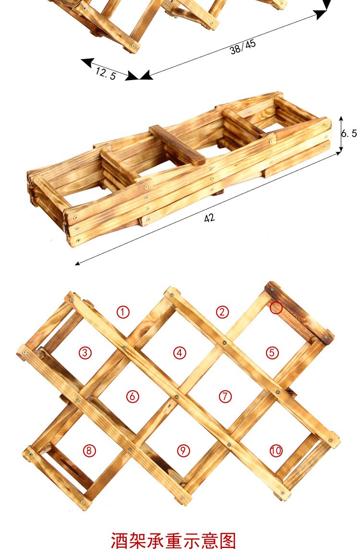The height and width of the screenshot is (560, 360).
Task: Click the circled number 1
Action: tap(123, 312)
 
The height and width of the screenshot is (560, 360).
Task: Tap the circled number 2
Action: tap(222, 312)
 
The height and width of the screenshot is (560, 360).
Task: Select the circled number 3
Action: tap(85, 353)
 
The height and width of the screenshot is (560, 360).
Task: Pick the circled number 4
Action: tap(180, 353)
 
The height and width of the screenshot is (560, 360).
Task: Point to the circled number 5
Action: tap(272, 353)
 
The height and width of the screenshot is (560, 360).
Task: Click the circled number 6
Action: tap(132, 396)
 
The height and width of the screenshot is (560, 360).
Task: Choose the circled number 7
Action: tap(225, 396)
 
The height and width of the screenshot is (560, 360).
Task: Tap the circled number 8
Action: tap(89, 451)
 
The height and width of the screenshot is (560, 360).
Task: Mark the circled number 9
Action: tap(183, 451)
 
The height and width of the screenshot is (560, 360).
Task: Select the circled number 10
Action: tap(276, 451)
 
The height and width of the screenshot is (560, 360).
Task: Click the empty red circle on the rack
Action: tap(276, 308)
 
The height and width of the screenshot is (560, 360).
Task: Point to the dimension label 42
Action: tap(209, 218)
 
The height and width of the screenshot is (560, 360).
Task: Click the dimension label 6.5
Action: tap(349, 133)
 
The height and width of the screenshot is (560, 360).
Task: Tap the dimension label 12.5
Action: tap(106, 73)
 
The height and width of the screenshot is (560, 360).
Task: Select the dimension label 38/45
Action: tap(243, 47)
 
